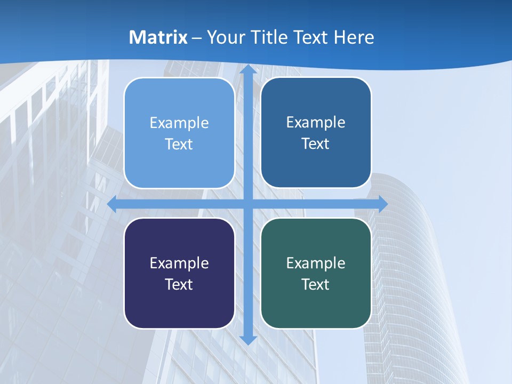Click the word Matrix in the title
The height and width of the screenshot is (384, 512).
158,37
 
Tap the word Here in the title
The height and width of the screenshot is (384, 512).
354,37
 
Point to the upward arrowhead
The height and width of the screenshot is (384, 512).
248,69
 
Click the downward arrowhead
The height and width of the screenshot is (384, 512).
248,339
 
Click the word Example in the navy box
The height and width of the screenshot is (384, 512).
179,263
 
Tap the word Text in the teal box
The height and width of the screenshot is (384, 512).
316,284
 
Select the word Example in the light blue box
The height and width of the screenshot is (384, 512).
179,123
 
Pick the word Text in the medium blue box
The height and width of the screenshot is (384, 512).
316,143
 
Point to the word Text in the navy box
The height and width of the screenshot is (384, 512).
179,284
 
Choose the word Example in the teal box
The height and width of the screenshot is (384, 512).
316,263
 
